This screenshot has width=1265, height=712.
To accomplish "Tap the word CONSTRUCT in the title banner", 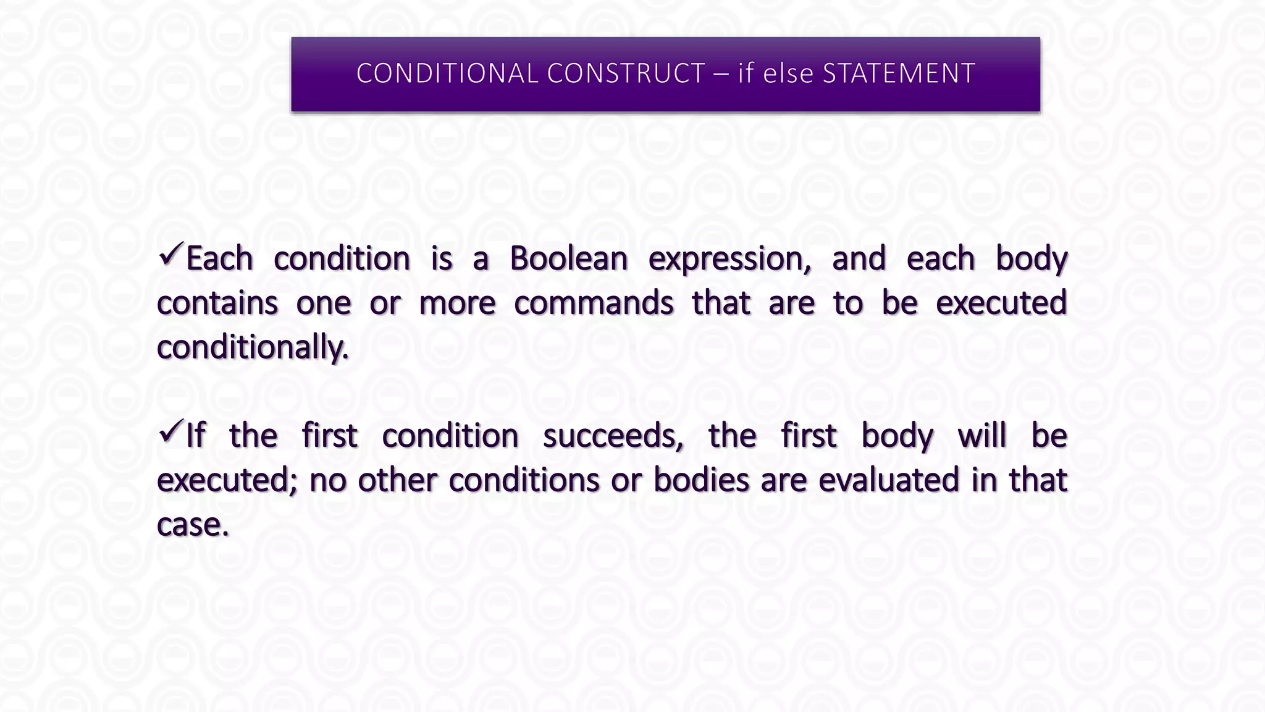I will [x=626, y=74].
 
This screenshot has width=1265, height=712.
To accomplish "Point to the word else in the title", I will [x=789, y=74].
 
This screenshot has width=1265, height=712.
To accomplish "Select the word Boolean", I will [x=568, y=258].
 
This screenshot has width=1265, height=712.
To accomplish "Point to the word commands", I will [x=594, y=303].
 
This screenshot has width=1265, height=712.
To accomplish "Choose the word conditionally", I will [x=253, y=347].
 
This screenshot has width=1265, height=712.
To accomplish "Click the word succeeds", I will [x=613, y=436].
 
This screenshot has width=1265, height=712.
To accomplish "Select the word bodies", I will [x=701, y=480].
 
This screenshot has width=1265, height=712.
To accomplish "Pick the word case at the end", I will [x=192, y=525].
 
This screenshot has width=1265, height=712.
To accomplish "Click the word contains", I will [x=217, y=303].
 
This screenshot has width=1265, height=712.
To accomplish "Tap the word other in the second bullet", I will [x=397, y=480].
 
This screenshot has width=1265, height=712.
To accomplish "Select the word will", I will [x=982, y=436].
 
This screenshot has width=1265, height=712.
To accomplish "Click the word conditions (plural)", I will [x=524, y=480].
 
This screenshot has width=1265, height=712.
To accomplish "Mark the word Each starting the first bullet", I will [x=220, y=258].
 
